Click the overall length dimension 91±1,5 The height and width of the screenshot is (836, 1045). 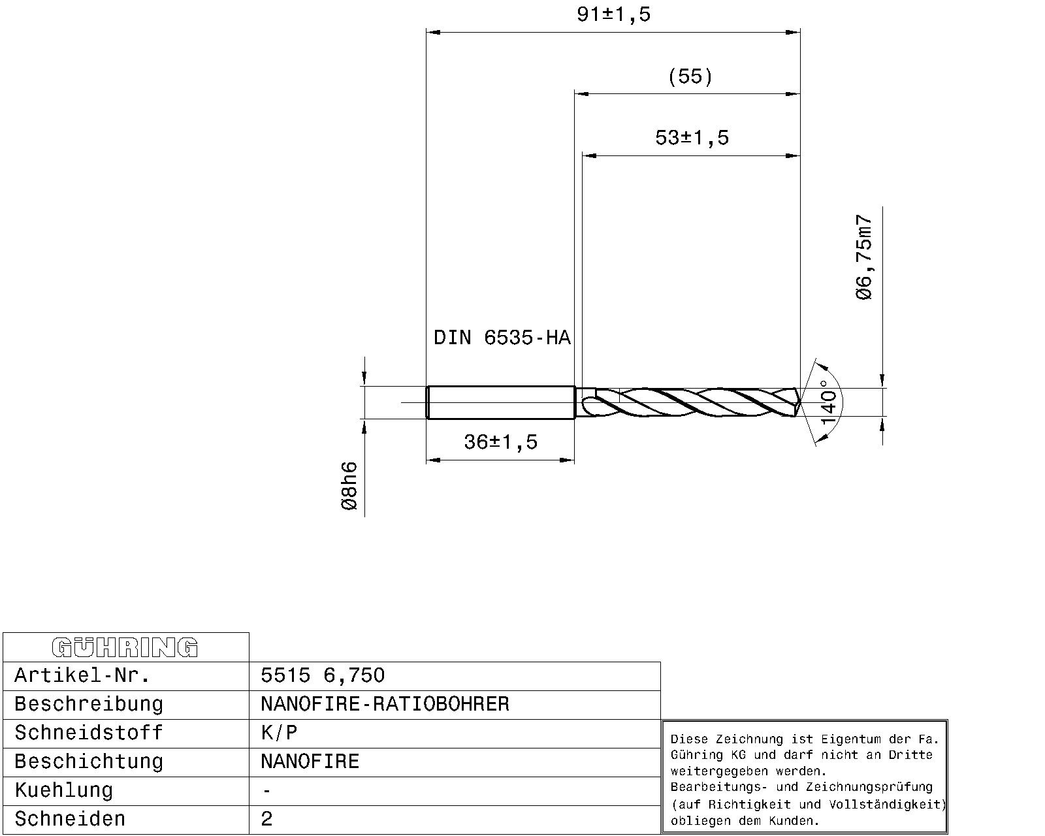click(x=613, y=14)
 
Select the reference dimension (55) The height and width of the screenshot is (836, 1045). click(x=690, y=76)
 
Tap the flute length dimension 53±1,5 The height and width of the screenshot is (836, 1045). click(x=692, y=138)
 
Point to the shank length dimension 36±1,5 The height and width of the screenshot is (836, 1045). click(x=500, y=442)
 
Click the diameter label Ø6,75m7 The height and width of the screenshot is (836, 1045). click(x=864, y=257)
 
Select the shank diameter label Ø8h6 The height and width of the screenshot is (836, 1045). click(x=350, y=486)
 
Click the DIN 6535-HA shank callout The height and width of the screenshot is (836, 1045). click(x=502, y=338)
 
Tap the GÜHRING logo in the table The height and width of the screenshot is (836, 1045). click(x=125, y=647)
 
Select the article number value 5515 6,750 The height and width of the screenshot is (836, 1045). click(x=323, y=675)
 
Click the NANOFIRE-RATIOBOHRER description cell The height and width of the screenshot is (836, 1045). click(x=385, y=704)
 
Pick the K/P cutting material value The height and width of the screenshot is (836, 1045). click(x=279, y=733)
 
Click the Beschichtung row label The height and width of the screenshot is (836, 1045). click(x=89, y=762)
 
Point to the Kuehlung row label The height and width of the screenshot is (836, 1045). click(x=64, y=790)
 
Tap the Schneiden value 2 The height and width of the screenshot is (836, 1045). click(x=266, y=819)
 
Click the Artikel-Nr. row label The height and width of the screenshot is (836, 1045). click(x=82, y=675)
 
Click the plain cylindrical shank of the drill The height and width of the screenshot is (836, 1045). click(x=500, y=402)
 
